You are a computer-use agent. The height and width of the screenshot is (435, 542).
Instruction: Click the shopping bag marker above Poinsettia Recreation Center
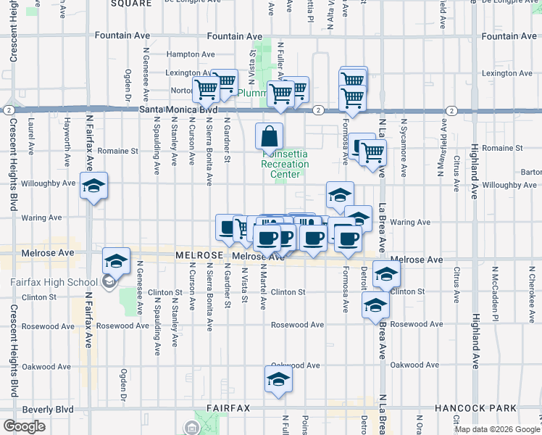[269, 137]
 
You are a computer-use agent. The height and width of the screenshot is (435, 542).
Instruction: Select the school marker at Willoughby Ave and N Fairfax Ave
[93, 187]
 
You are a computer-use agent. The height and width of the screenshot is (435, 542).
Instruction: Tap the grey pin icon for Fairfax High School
[109, 282]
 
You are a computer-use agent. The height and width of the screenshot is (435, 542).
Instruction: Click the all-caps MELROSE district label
[197, 256]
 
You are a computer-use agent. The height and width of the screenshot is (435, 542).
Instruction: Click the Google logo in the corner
[24, 426]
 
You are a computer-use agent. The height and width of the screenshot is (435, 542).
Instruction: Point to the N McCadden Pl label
[496, 298]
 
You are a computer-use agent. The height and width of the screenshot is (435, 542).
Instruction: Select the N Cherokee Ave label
[530, 298]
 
